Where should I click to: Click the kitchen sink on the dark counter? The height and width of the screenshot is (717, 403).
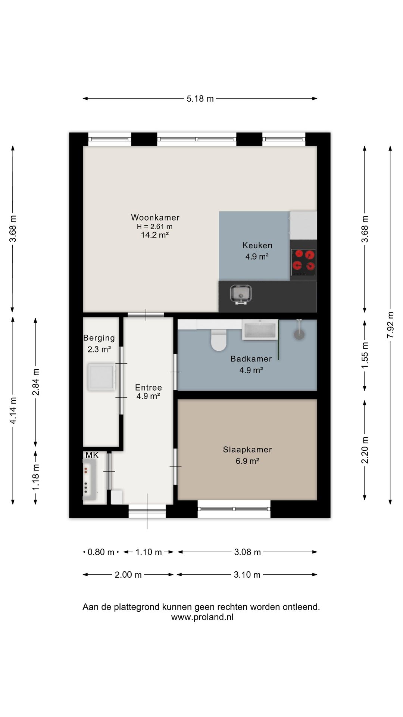241,294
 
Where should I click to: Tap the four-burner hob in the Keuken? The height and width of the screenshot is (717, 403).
303,260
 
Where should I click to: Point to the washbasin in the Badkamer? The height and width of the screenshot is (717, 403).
260,329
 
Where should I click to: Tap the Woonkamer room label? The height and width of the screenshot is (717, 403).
155,217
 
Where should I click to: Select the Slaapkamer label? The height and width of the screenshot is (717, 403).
247,450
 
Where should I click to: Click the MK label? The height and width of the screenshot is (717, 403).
92,455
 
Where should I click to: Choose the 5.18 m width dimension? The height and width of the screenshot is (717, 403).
200,99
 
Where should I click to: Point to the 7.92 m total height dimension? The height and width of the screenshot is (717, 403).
390,325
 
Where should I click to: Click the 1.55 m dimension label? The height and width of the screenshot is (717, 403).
365,355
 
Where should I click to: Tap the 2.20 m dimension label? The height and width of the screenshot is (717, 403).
365,450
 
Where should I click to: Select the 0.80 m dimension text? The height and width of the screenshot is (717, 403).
101,552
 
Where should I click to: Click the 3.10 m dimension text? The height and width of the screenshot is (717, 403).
247,575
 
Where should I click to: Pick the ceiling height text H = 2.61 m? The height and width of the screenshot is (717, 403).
154,226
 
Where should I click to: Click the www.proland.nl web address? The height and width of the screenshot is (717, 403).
202,617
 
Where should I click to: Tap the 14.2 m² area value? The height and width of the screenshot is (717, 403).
154,235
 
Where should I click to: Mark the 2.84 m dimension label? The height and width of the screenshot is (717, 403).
35,382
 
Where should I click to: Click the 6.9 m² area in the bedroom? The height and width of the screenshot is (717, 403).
247,461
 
